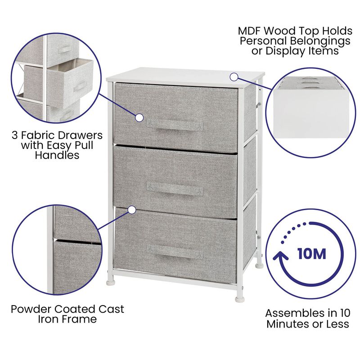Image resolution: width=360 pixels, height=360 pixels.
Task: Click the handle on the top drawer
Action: (171, 125)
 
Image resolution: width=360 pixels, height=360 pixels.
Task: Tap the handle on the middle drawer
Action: (175, 189)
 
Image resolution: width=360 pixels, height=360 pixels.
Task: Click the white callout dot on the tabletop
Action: (234, 76)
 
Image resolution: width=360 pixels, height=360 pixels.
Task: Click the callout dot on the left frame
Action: (132, 210)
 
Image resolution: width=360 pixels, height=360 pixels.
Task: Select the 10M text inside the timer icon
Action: (311, 253)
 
